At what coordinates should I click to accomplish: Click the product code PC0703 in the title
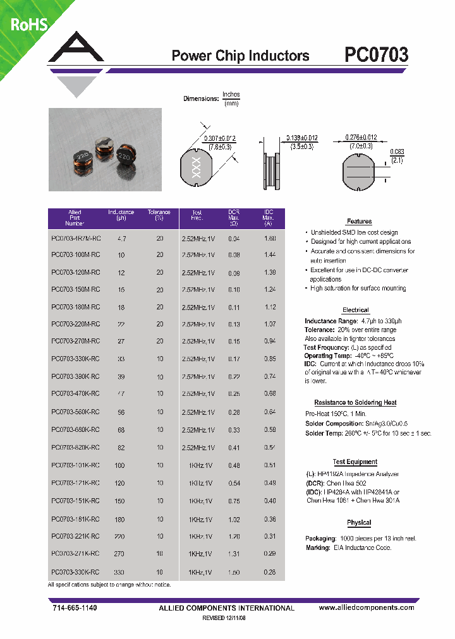click(x=376, y=56)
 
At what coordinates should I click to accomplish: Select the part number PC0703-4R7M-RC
click(x=75, y=239)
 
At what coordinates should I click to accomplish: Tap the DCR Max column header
click(x=234, y=218)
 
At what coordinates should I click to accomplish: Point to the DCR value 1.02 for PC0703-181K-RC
click(x=234, y=520)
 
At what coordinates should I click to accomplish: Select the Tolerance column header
click(x=159, y=215)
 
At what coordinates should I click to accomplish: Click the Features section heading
click(x=359, y=222)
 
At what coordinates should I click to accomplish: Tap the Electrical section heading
click(x=355, y=310)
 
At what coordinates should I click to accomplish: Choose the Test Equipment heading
click(x=355, y=462)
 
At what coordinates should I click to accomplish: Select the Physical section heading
click(x=359, y=523)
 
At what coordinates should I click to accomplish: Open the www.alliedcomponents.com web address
click(x=367, y=607)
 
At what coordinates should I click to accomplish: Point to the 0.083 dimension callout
click(x=397, y=152)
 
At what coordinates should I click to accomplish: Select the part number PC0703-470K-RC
click(x=75, y=393)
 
